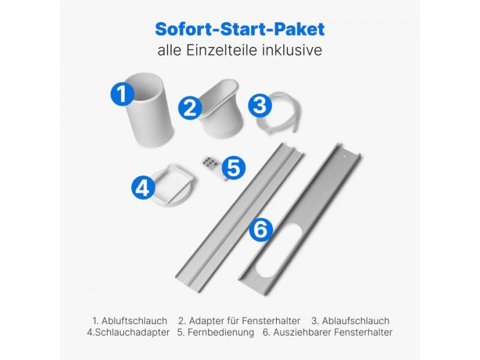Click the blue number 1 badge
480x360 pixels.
coord(122,94)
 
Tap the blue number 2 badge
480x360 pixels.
coord(190,108)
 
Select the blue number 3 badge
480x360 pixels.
coord(260,106)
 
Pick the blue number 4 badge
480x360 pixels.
coord(143,187)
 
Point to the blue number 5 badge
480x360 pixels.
coord(233,168)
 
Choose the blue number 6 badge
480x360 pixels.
coord(261,230)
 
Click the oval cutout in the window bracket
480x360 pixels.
coord(280,251)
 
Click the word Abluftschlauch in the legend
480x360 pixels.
coord(134,321)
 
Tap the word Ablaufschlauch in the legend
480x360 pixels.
coord(356,321)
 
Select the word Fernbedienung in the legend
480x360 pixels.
coord(221,332)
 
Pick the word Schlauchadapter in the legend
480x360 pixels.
coord(132,332)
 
